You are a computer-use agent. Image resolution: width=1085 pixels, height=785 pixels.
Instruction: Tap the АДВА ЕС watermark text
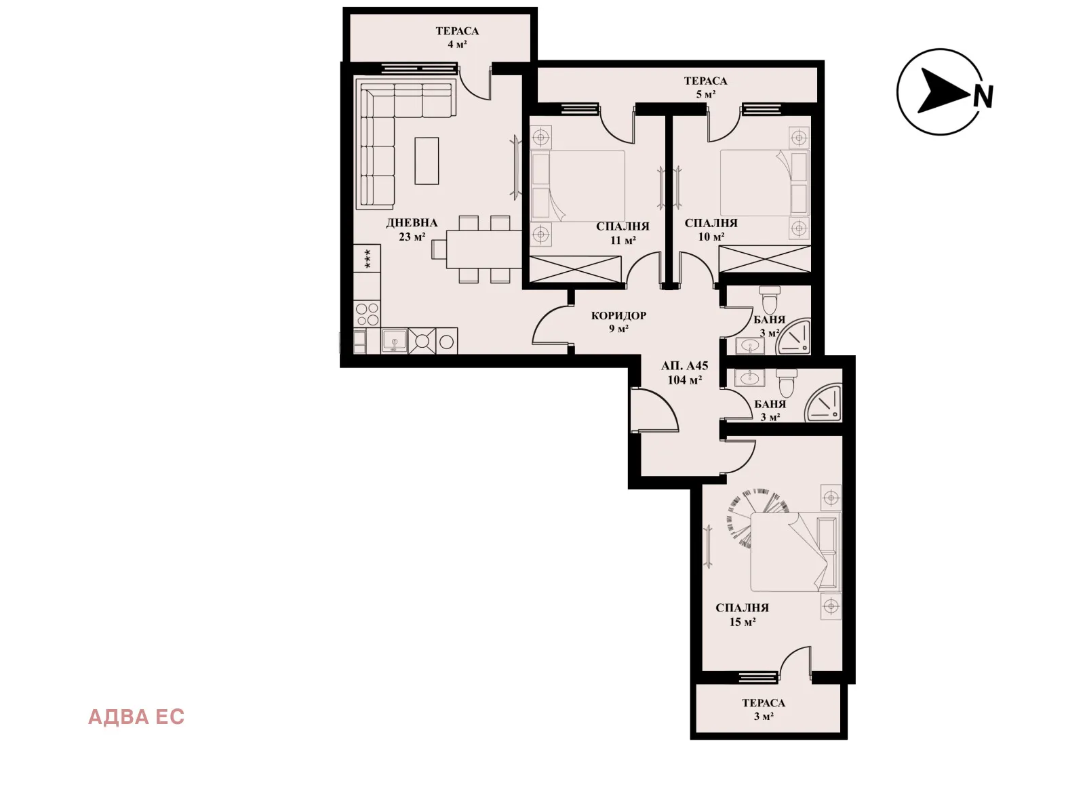[136, 717]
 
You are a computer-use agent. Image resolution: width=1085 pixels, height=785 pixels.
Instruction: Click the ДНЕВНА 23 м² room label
[412, 229]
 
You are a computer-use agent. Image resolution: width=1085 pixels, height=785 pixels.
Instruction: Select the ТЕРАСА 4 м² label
[457, 37]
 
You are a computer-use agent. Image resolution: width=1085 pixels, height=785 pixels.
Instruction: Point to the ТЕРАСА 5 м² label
[705, 87]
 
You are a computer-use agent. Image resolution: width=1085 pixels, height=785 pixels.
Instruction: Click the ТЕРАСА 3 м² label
[763, 709]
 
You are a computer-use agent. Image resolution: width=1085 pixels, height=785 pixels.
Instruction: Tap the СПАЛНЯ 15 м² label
[742, 614]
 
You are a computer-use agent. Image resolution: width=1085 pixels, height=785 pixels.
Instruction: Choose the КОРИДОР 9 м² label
[618, 321]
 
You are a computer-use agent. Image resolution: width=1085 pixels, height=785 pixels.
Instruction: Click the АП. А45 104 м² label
[684, 372]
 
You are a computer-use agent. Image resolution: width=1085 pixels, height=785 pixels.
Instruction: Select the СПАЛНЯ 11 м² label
[623, 233]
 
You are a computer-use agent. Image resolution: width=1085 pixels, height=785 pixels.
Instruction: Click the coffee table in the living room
[427, 161]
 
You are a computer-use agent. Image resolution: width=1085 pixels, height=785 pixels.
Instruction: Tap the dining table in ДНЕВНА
[483, 249]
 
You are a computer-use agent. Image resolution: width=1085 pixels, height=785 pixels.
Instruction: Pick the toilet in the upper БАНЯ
[770, 299]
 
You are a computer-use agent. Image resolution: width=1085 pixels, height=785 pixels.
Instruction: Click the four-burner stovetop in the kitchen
[368, 315]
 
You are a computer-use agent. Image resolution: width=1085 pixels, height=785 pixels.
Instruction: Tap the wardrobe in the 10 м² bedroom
[764, 259]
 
